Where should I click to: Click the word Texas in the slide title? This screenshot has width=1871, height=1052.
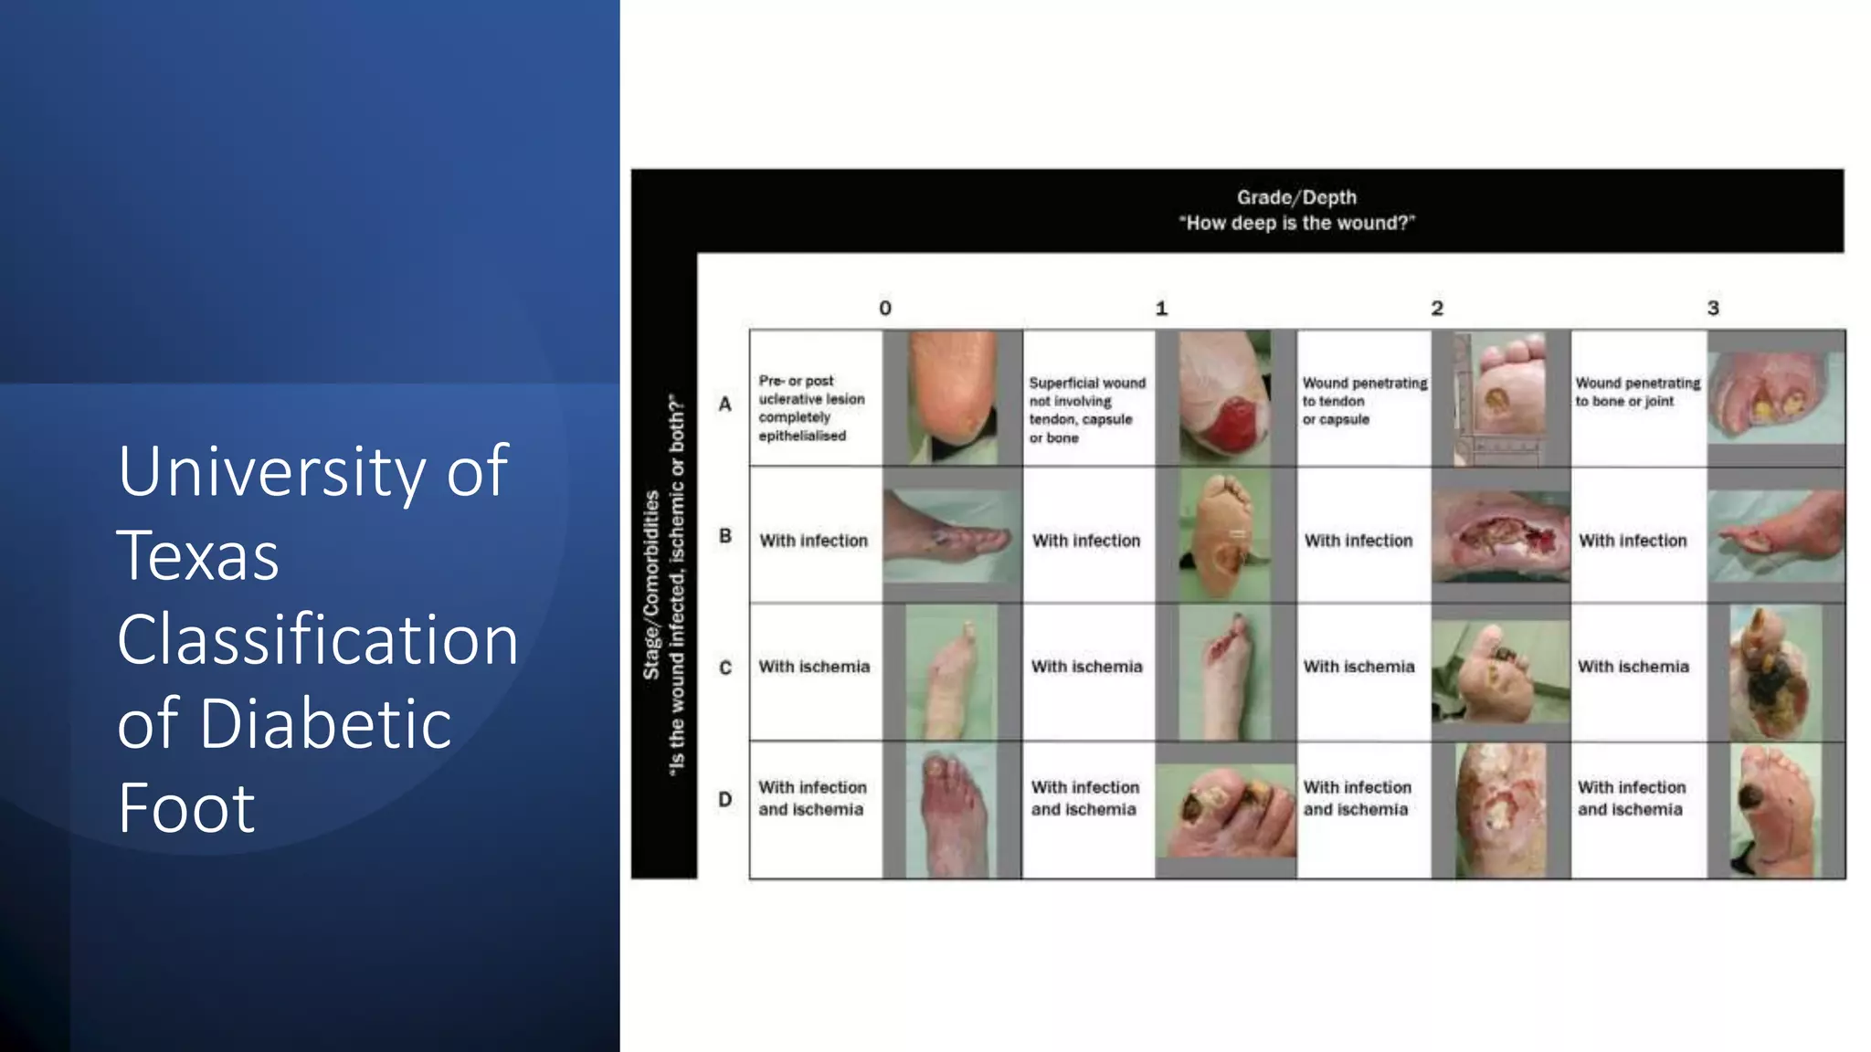click(198, 555)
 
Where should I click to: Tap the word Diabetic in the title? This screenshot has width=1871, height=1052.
click(325, 723)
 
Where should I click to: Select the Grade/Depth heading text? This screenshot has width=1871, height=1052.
click(1296, 197)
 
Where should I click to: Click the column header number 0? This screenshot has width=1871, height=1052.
click(885, 309)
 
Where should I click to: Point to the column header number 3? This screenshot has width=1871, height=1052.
click(1713, 309)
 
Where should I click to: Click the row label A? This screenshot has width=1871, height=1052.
click(724, 404)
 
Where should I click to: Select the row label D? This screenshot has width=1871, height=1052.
click(724, 799)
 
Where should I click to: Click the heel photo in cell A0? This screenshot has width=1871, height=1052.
click(952, 397)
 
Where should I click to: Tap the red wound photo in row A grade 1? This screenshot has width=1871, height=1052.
click(1224, 397)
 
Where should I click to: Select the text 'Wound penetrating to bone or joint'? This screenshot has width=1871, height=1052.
click(1637, 392)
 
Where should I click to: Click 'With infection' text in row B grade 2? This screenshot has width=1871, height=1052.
click(1358, 541)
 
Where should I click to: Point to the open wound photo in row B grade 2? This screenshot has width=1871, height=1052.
click(1500, 537)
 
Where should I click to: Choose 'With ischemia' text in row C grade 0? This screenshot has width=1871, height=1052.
click(814, 667)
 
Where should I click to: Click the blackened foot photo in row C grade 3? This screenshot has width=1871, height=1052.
click(1775, 673)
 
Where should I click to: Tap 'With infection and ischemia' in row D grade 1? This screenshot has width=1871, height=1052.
click(1085, 798)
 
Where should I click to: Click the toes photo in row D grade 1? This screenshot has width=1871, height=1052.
click(1225, 810)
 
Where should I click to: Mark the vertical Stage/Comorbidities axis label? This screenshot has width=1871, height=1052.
click(651, 584)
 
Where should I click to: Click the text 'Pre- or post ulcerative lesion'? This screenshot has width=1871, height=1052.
click(811, 390)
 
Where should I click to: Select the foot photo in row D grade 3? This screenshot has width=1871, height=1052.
click(1775, 810)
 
